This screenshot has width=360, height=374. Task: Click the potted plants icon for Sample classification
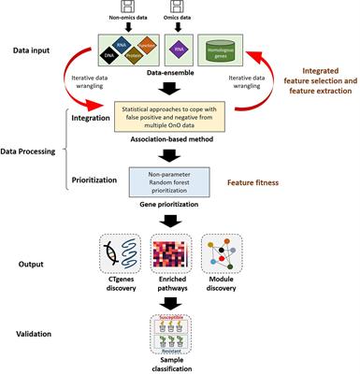click(179, 334)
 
